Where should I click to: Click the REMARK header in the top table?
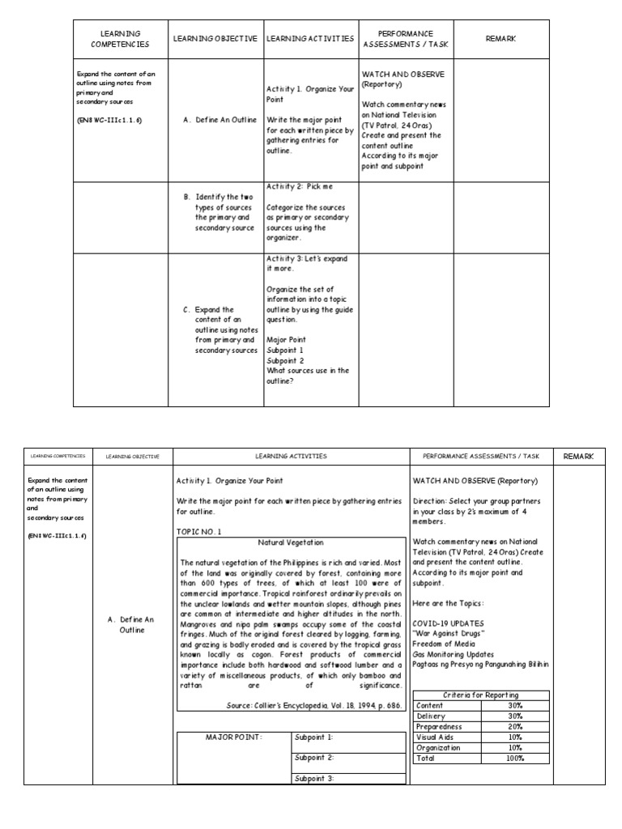[501, 39]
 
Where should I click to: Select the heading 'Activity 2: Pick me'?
[299, 186]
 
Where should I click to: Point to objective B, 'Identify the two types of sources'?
[224, 212]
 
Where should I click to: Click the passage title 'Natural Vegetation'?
[290, 542]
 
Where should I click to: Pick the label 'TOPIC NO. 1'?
[198, 531]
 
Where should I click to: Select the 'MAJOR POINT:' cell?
[234, 738]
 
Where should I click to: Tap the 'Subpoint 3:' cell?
[314, 778]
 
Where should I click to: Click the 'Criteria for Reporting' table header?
[481, 695]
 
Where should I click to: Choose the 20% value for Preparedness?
[515, 726]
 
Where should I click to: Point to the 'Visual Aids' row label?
[434, 737]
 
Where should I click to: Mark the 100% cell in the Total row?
[515, 758]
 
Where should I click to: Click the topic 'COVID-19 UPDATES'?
[448, 623]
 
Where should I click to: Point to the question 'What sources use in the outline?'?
[308, 376]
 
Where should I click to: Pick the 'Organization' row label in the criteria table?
[438, 747]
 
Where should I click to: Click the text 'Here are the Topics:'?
[449, 602]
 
